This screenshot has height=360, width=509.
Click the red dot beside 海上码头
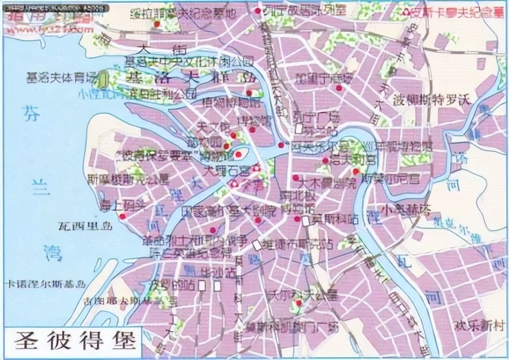click(x=123, y=216)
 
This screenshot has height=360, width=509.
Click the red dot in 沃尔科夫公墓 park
click(x=298, y=303)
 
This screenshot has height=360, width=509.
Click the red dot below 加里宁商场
click(x=338, y=89)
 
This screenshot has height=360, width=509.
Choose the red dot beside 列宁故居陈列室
click(x=257, y=11)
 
